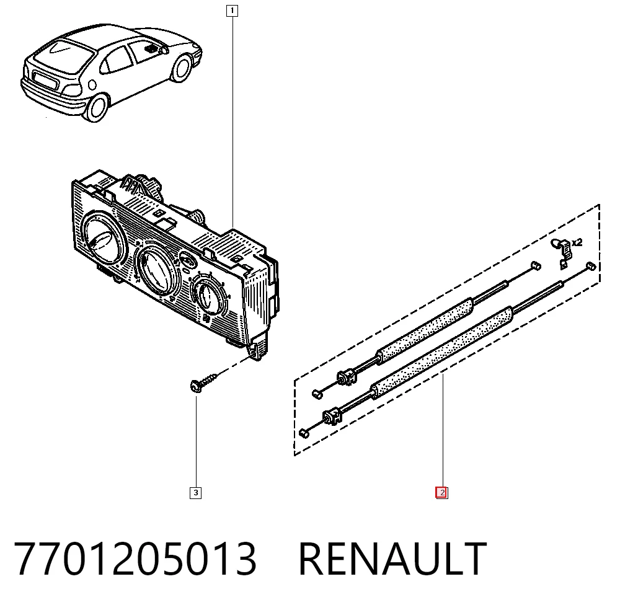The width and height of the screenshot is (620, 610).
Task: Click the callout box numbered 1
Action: coord(232,11)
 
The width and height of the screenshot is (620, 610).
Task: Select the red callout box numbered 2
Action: coord(441,493)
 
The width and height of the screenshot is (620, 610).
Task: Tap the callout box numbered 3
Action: coord(196,493)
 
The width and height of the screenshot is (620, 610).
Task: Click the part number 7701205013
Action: coord(135,559)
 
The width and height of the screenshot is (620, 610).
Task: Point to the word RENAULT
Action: coord(392,559)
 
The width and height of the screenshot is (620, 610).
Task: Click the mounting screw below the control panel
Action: coord(203,382)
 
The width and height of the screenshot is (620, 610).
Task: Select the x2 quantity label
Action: coord(577,242)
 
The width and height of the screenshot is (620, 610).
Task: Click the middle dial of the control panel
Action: coord(157,269)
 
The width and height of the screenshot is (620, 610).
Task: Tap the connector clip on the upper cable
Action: coord(347,377)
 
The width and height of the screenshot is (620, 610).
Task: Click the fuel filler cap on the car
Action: coord(92,84)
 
